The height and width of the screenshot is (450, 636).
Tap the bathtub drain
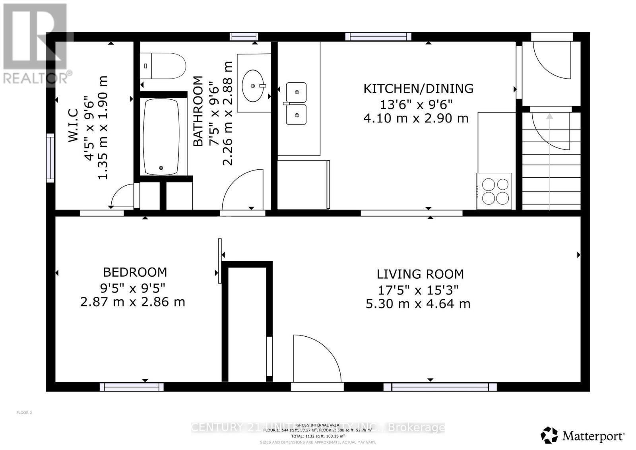pyautogui.click(x=161, y=168)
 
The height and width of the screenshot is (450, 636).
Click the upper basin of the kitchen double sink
pyautogui.click(x=297, y=92)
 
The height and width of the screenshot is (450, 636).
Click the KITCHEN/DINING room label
pyautogui.click(x=418, y=88)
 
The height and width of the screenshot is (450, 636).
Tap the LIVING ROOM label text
pyautogui.click(x=420, y=274)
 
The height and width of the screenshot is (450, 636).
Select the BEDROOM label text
pyautogui.click(x=135, y=272)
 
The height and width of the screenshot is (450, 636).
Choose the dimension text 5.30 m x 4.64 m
pyautogui.click(x=418, y=304)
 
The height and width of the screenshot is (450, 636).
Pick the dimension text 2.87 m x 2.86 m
pyautogui.click(x=133, y=302)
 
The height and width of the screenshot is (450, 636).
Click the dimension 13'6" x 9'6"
pyautogui.click(x=416, y=105)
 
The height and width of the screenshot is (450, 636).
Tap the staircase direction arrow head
pyautogui.click(x=549, y=116)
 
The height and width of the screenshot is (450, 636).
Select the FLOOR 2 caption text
pyautogui.click(x=24, y=413)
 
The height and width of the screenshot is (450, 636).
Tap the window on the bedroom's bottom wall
pyautogui.click(x=132, y=387)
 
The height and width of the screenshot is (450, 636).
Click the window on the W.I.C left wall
pyautogui.click(x=50, y=158)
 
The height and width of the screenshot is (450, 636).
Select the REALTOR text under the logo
pyautogui.click(x=36, y=78)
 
